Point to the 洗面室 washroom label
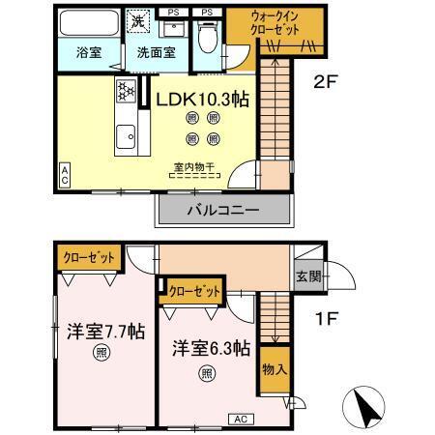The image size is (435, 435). pos(155,53)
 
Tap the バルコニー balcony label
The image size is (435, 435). pos(222,209)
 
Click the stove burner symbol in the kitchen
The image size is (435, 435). pos(126,93)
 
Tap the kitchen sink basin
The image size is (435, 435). pos(125,137)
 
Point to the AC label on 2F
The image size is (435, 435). pos(65,174)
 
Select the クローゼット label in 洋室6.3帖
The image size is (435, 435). pos(193,289)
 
